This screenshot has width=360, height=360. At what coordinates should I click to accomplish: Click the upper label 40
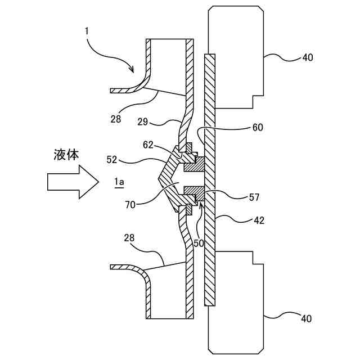[x=307, y=57]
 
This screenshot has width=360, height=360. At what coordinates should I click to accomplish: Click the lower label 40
[x=306, y=319]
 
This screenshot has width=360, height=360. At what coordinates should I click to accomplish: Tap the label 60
[x=258, y=127]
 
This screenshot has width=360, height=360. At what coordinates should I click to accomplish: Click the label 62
[x=148, y=144]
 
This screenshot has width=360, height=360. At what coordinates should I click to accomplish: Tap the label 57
[x=254, y=197]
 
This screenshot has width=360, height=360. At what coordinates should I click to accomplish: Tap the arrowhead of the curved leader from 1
[x=133, y=71]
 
